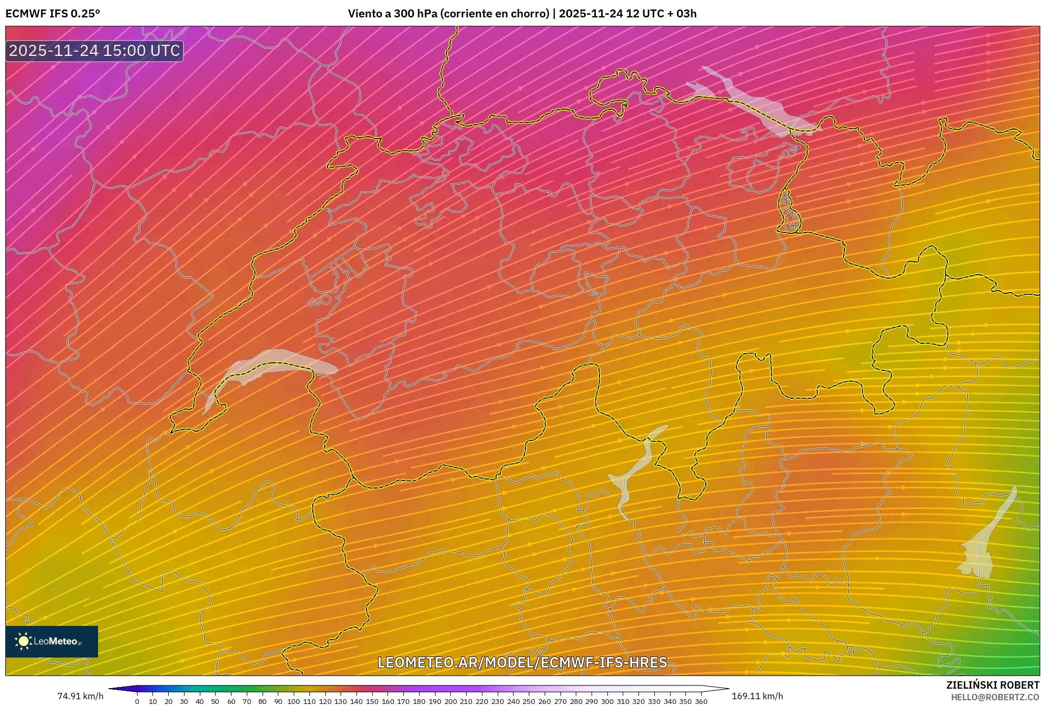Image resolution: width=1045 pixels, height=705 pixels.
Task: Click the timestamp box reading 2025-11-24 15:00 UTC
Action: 94,51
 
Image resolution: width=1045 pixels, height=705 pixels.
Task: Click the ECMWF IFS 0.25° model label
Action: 53,14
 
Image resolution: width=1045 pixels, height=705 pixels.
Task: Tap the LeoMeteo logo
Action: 52,641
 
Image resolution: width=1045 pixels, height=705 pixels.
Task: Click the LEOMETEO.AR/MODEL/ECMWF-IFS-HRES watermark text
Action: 522,662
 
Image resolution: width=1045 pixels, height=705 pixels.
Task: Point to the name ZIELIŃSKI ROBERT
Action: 993,685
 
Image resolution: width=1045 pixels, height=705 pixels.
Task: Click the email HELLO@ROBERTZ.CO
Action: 995,697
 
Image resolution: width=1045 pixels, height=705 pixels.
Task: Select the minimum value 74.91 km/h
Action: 80,696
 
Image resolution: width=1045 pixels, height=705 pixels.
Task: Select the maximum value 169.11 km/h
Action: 757,696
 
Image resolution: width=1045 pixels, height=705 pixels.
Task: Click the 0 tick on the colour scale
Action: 137,701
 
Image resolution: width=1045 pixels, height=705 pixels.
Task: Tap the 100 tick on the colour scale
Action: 294,701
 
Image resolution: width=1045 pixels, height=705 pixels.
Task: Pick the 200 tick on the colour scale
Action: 450,701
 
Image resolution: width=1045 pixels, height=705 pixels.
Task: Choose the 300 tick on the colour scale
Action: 607,701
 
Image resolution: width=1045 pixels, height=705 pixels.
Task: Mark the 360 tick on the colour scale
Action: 701,701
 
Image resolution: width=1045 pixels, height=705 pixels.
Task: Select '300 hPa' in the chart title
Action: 414,14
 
